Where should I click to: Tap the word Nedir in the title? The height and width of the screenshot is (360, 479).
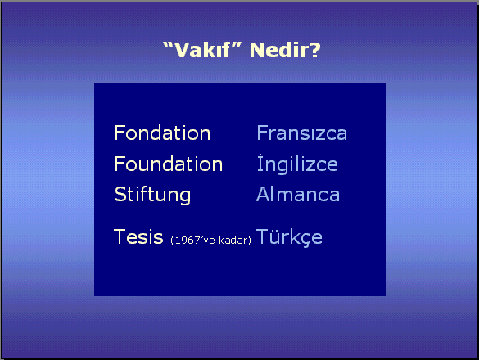point(280,50)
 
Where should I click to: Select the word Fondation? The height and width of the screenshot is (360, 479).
point(162,133)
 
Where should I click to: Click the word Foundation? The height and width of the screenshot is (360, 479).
point(169,164)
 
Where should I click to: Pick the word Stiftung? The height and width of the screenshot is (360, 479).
point(152,195)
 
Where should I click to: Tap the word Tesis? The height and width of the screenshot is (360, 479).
point(138,236)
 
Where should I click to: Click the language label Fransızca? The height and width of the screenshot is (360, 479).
point(302,133)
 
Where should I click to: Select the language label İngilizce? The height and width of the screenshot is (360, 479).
point(297,164)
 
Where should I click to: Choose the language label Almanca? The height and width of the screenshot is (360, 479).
point(298,194)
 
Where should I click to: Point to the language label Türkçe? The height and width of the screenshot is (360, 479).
point(289,237)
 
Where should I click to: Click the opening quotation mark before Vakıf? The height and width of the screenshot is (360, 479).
point(168,46)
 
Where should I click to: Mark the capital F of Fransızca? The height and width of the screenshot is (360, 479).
point(262,133)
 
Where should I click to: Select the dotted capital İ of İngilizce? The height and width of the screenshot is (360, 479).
point(260,163)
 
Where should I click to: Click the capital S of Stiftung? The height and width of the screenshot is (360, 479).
point(120,194)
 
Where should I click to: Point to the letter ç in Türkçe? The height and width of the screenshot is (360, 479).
point(305,240)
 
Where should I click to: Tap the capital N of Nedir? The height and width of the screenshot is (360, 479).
point(257,50)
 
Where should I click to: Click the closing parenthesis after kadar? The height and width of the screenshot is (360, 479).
point(250,241)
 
